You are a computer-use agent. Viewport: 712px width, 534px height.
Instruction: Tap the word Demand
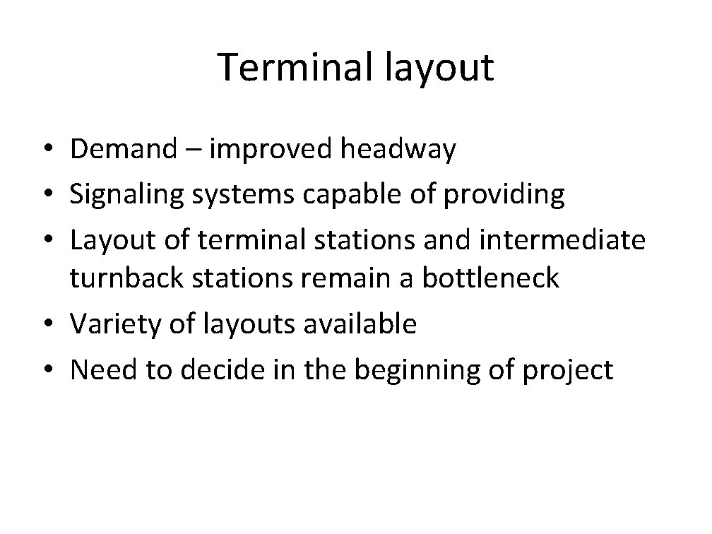124,150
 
